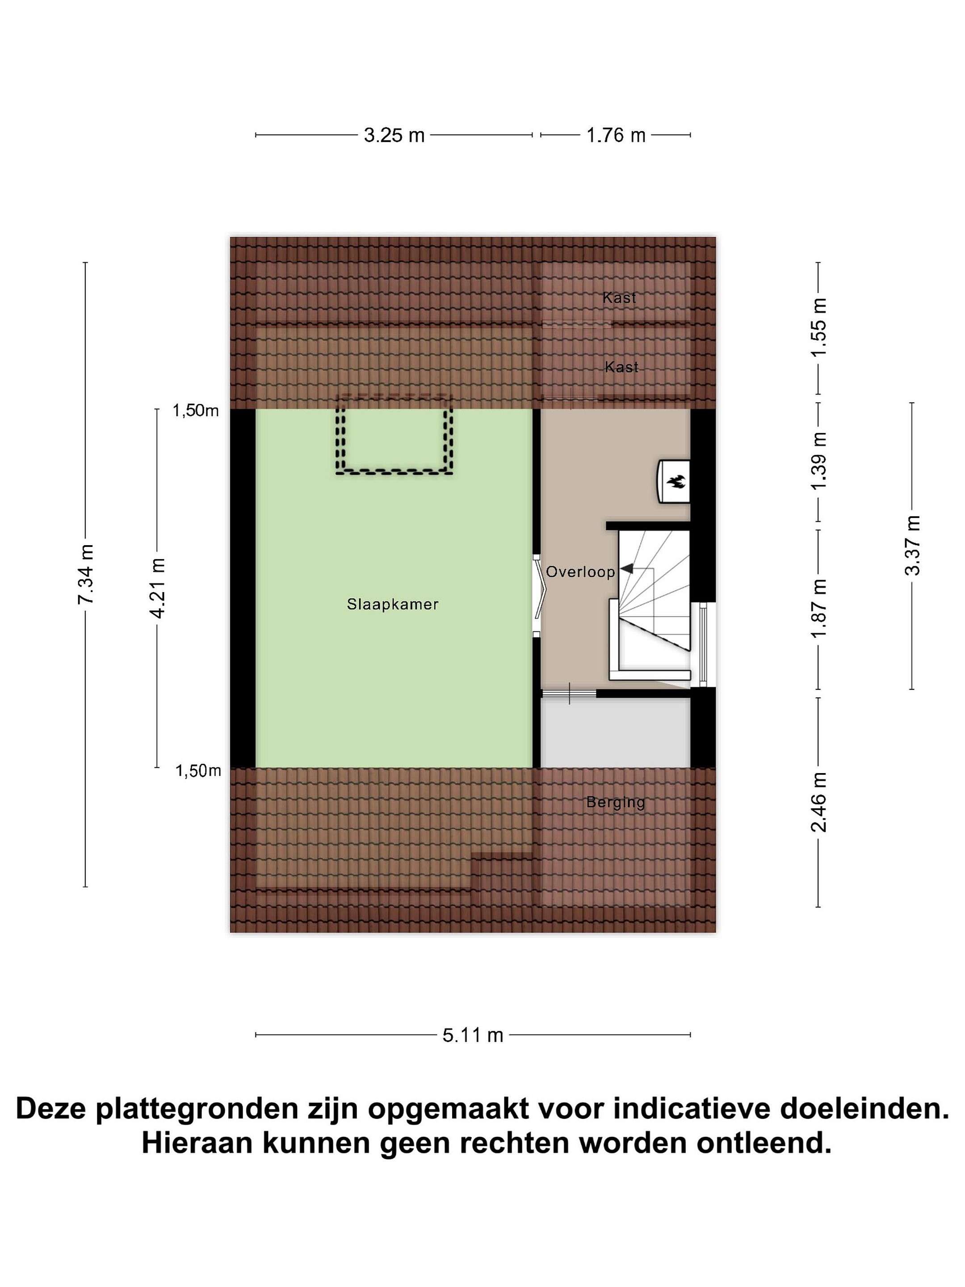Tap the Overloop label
[x=580, y=572]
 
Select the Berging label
[x=616, y=802]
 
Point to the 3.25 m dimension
[x=394, y=135]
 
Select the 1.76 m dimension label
[x=616, y=135]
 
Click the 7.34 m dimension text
[x=85, y=574]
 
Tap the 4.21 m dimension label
[x=157, y=588]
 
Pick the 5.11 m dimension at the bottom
[x=472, y=1035]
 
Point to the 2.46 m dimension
[x=818, y=802]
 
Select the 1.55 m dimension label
[x=818, y=328]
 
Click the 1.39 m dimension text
[x=818, y=461]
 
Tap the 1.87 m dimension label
[x=818, y=609]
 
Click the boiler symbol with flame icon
[x=674, y=481]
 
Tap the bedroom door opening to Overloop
[x=537, y=595]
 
